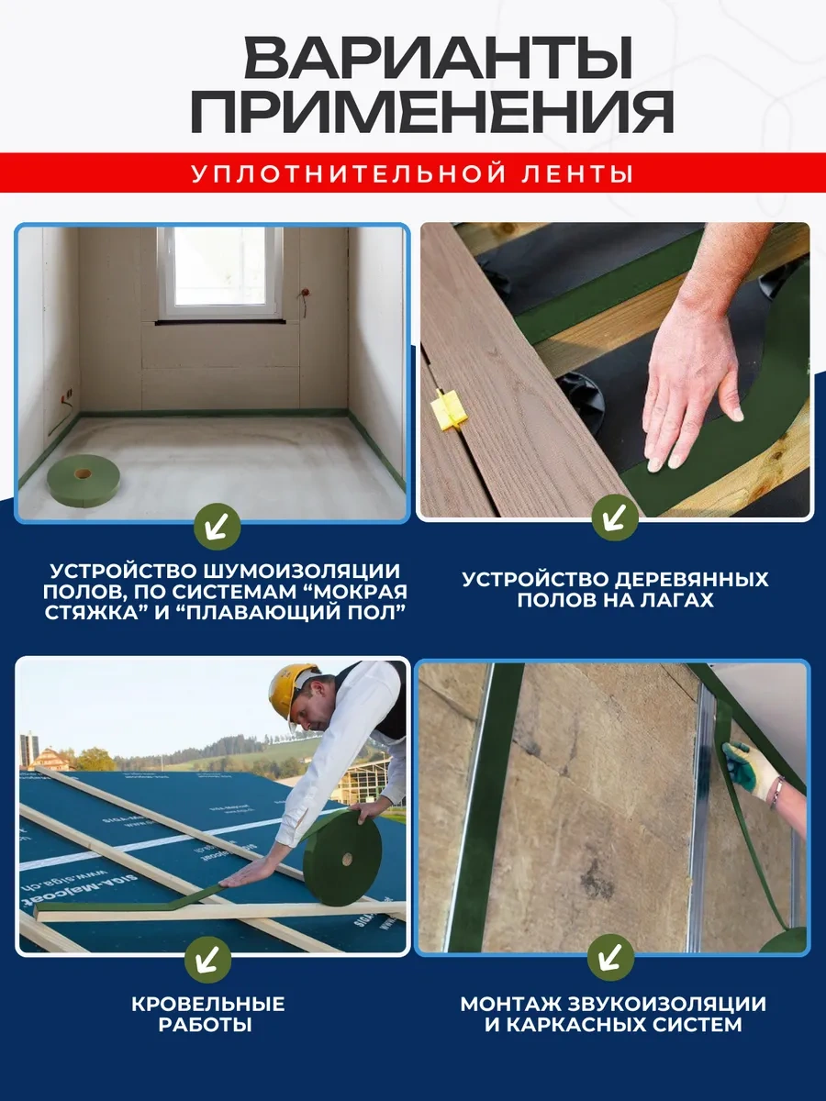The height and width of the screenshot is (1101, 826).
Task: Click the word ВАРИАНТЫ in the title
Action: pos(438,59)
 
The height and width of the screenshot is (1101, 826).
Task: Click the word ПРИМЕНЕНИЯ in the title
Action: pos(431,115)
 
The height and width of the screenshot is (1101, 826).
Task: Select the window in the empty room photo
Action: pos(220,272)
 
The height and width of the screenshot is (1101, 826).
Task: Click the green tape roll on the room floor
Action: pos(84,479)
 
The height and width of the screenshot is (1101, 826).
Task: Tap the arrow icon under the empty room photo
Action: pos(218,526)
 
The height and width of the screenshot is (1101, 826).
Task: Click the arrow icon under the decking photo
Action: pos(614,518)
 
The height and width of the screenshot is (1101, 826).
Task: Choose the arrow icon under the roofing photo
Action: pos(208,959)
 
